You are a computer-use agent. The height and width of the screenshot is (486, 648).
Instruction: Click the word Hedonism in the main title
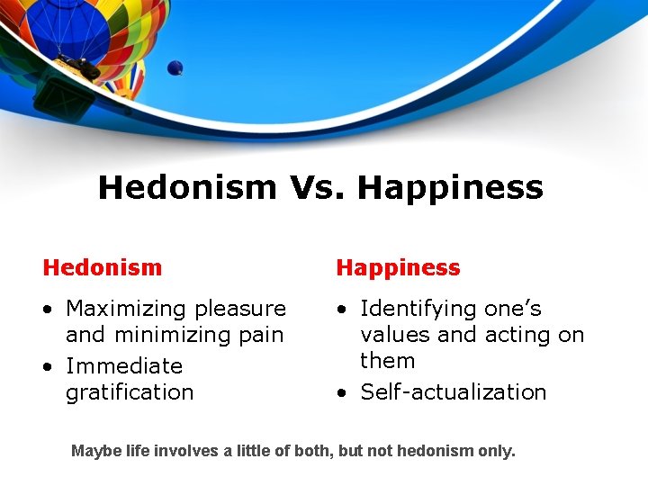[x=187, y=188]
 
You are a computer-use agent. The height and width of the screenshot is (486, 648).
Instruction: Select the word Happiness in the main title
[x=450, y=188]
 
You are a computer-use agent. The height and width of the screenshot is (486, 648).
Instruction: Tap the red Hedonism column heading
[x=103, y=267]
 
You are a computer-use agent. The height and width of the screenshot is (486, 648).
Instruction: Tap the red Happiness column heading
[x=398, y=267]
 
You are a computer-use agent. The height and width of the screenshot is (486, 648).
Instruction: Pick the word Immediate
[x=124, y=366]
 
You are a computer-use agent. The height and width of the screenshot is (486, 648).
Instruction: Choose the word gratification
[x=130, y=392]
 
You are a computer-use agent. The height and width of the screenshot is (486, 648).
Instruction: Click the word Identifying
[x=418, y=309]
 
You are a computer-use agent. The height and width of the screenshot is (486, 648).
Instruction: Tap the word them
[x=388, y=361]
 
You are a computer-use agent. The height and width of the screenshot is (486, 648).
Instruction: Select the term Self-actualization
[x=454, y=392]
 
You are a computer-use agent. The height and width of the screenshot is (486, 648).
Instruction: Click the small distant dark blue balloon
[x=175, y=67]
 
